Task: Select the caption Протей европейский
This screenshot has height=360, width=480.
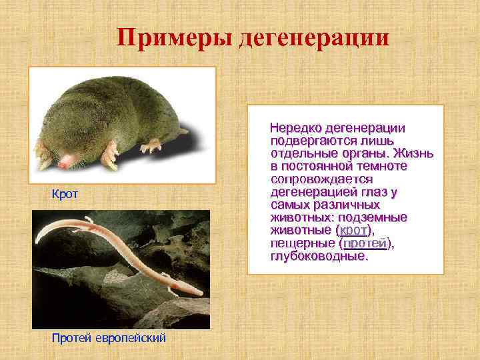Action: pyautogui.click(x=109, y=338)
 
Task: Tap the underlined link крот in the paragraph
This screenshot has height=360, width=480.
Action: pyautogui.click(x=353, y=231)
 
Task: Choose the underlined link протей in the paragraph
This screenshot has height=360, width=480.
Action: pyautogui.click(x=364, y=243)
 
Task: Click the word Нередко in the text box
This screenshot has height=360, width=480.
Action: pyautogui.click(x=296, y=128)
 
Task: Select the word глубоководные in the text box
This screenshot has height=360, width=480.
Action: pyautogui.click(x=319, y=256)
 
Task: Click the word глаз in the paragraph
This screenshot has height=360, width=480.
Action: pyautogui.click(x=377, y=192)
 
